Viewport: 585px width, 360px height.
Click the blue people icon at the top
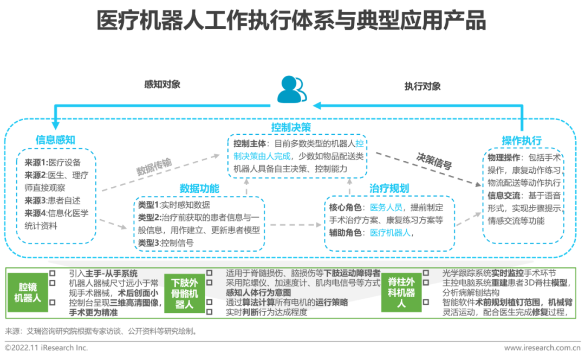(292, 89)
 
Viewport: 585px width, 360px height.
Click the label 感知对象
(162, 84)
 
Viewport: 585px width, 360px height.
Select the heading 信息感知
(55, 140)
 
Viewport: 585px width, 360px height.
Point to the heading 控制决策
(291, 128)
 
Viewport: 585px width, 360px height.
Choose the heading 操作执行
(521, 141)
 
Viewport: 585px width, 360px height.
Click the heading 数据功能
(199, 188)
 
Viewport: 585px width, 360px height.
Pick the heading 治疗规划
(389, 188)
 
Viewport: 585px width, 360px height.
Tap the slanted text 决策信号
(433, 161)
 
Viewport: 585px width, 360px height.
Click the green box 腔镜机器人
(28, 292)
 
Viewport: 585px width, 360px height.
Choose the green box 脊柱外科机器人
(401, 292)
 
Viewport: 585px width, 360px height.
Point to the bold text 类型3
(149, 243)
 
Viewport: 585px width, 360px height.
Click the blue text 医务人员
(386, 207)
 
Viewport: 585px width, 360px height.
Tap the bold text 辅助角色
(347, 233)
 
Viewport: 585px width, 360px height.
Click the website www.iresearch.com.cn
(542, 348)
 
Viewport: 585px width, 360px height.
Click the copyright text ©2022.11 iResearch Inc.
(47, 348)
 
